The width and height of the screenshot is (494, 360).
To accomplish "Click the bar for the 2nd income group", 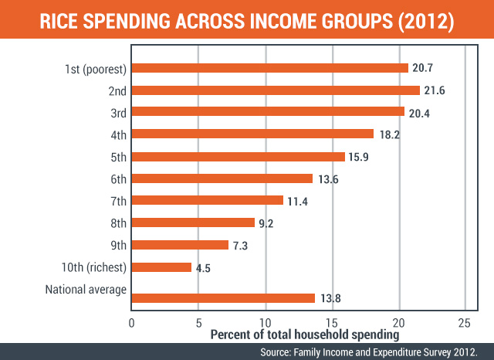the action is click(276, 90).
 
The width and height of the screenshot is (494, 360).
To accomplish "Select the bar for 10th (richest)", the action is click(161, 267).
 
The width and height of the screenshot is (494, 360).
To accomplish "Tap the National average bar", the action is click(223, 298).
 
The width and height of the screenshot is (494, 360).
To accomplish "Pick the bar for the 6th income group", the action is click(222, 178).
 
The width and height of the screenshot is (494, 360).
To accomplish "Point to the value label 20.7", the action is click(422, 68).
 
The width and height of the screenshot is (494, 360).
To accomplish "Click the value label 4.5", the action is click(203, 268).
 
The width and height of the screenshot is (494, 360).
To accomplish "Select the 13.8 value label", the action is click(330, 298).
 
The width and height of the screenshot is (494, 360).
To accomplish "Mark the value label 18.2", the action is click(389, 135).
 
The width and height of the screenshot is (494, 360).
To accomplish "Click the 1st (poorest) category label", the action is click(96, 69).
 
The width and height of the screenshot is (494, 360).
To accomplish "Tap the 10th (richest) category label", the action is click(94, 267).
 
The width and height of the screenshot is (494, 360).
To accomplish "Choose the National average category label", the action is click(86, 290).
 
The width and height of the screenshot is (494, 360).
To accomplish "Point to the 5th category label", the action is click(118, 157).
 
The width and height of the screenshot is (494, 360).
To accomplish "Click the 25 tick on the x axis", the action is click(465, 323).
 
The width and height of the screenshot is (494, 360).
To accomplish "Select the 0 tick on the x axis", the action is click(132, 323).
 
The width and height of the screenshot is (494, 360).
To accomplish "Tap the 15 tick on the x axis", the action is click(331, 323).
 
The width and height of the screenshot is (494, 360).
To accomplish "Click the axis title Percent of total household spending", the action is click(305, 335).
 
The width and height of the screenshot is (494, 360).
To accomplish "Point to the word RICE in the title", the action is click(59, 22).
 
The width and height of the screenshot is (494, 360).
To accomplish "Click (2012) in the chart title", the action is click(426, 22).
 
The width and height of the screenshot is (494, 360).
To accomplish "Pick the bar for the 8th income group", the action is click(193, 222).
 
